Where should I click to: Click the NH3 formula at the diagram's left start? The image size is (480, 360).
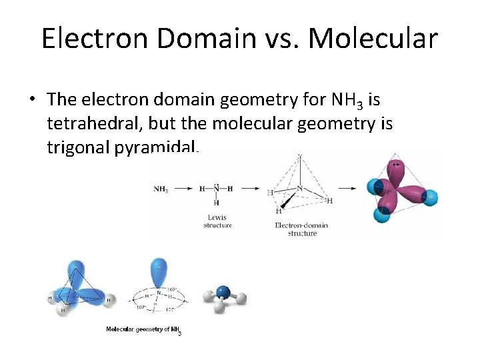click(161, 189)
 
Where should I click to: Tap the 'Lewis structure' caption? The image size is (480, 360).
click(217, 221)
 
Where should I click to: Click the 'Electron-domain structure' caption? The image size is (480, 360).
click(301, 229)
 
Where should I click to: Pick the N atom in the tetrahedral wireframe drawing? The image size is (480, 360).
click(300, 189)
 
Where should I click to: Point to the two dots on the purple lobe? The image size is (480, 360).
click(398, 164)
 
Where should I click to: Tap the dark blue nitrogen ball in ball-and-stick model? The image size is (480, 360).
click(224, 291)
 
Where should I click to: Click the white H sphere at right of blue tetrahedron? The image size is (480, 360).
click(110, 300)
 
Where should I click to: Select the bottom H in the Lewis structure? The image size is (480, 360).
click(216, 203)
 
